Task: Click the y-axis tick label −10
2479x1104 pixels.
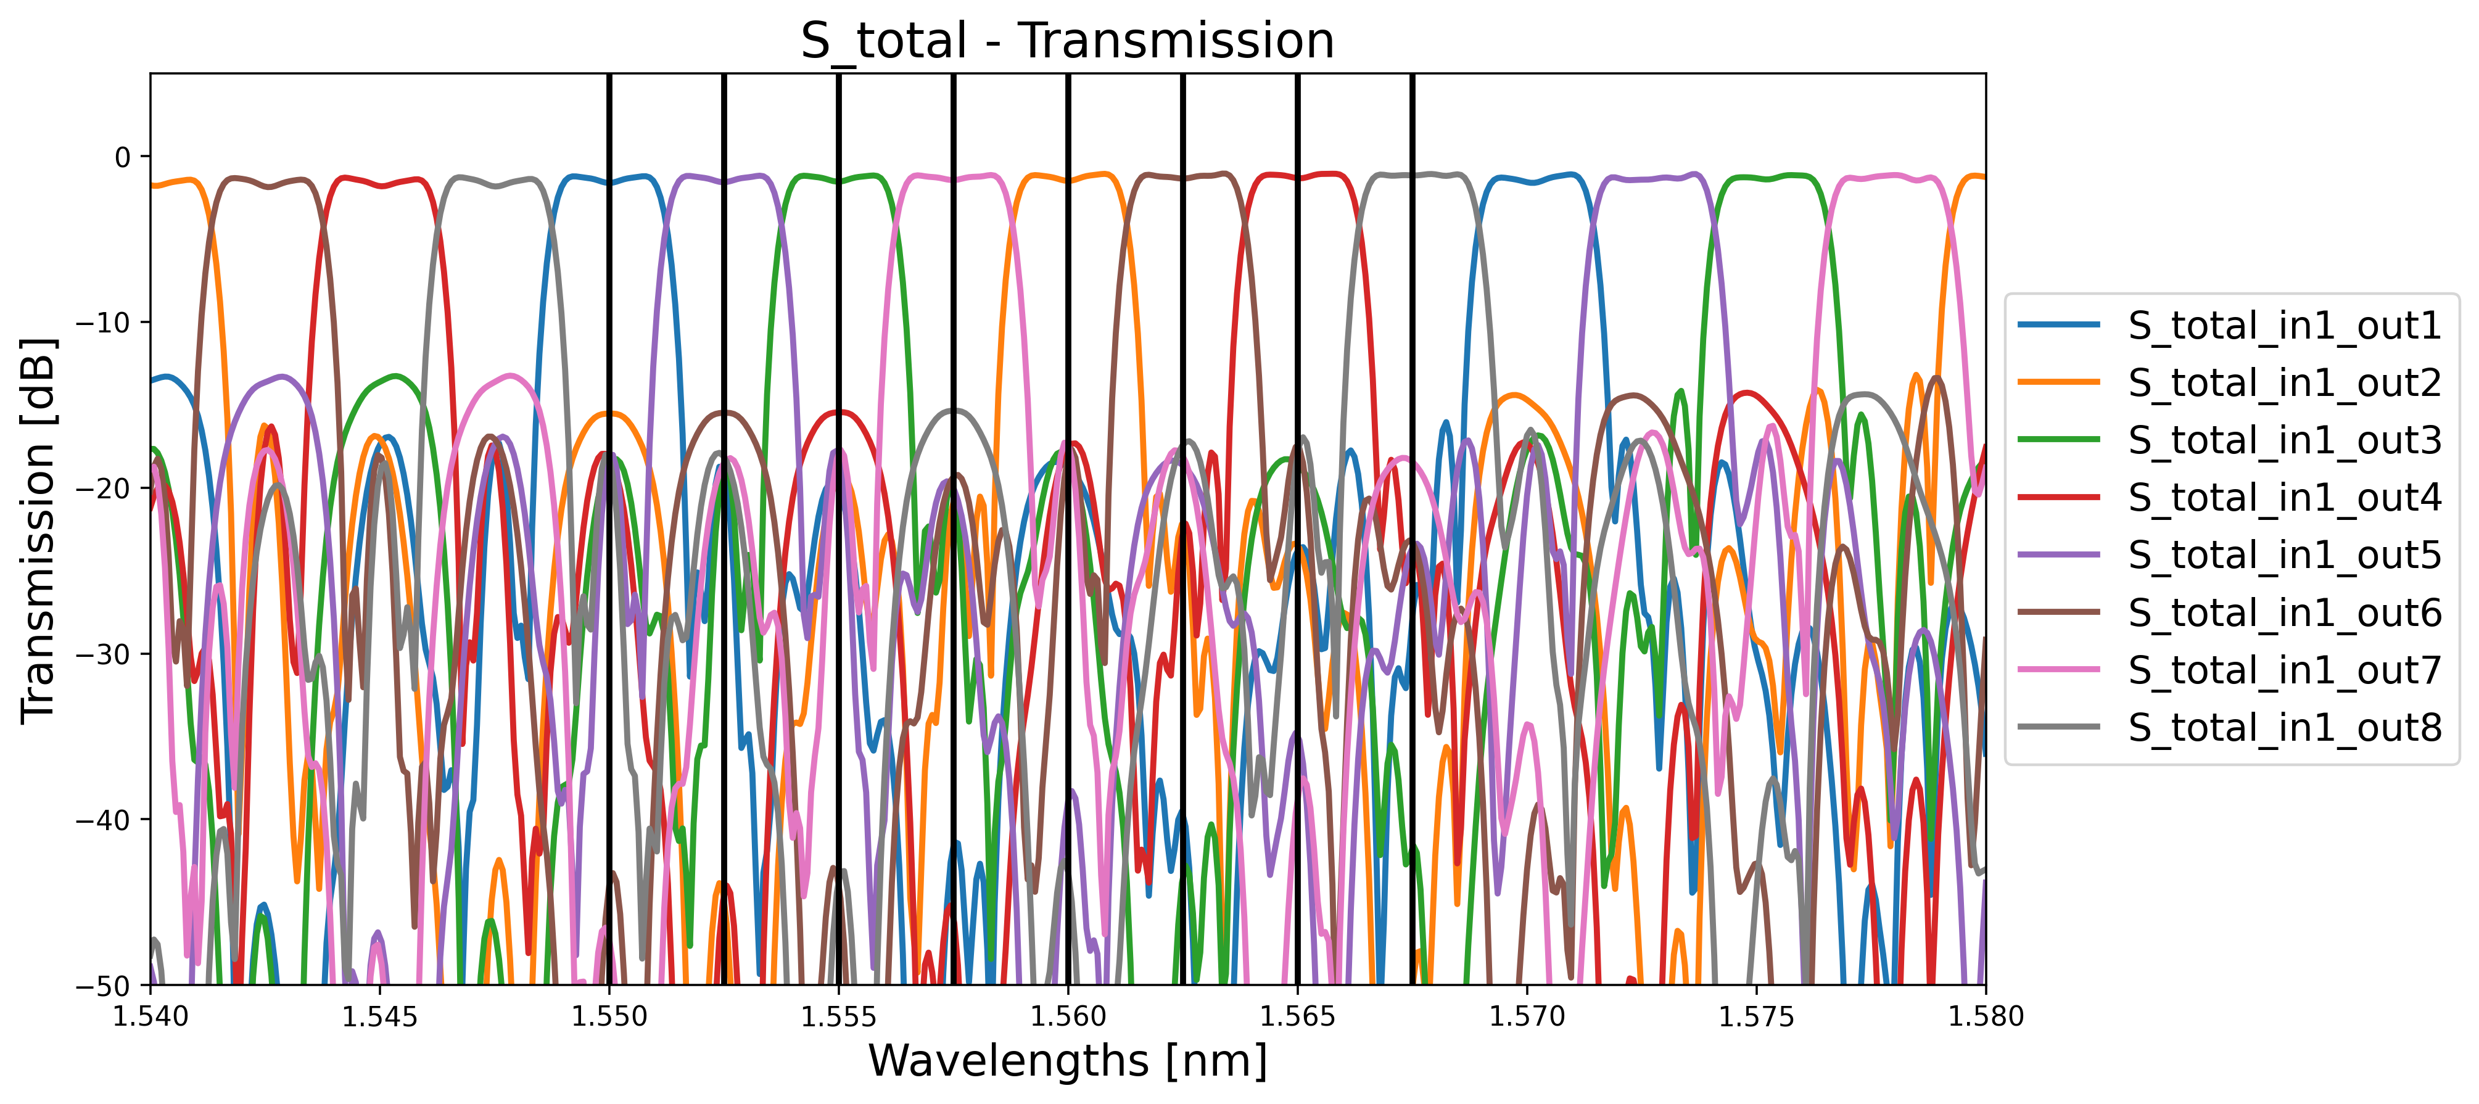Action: pos(101,323)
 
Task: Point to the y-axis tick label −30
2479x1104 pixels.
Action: pos(101,654)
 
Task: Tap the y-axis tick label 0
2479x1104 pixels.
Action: pos(122,157)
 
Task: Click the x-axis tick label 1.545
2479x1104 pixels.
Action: pos(380,1016)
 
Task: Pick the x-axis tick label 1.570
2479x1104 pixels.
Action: pos(1527,1016)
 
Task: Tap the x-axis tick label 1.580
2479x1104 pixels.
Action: pos(1986,1016)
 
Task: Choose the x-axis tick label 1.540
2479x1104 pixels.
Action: pos(151,1016)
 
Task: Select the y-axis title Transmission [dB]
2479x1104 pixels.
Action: pos(38,529)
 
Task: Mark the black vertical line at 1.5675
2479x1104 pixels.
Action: pos(1412,289)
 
